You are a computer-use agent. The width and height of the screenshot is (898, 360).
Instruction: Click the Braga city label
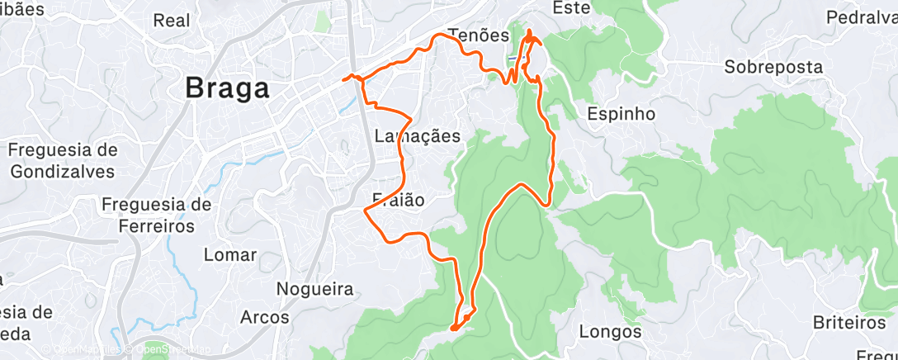tap(227, 88)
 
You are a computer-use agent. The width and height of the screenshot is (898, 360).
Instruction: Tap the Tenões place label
tap(479, 35)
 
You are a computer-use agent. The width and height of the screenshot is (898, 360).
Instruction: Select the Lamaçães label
tap(417, 136)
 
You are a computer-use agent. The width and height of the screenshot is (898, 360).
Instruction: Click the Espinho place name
tap(621, 114)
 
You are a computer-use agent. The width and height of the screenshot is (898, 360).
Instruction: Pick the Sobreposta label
tap(774, 67)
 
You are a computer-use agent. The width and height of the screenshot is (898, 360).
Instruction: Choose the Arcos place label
tap(264, 316)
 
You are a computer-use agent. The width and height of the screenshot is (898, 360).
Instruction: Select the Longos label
tap(610, 332)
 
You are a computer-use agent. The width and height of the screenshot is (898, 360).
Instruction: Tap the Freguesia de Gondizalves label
tap(63, 160)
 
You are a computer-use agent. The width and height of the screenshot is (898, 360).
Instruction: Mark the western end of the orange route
tap(343, 80)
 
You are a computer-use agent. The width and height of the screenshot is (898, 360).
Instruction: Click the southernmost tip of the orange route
tap(453, 329)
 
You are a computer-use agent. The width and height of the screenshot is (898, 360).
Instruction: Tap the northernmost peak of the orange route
tap(528, 31)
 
